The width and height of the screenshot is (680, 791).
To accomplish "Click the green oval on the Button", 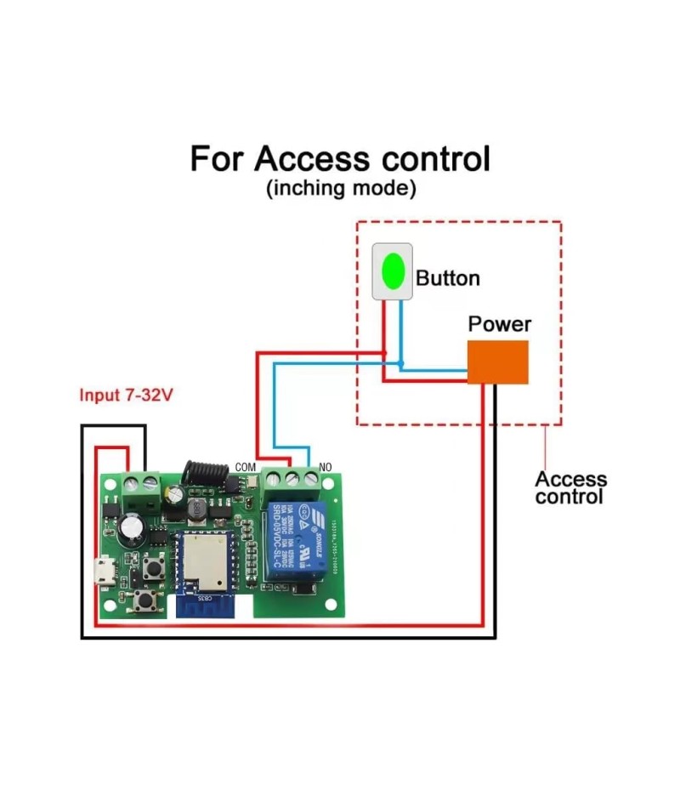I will click(x=392, y=270).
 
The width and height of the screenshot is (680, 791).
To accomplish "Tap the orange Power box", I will click(x=497, y=361).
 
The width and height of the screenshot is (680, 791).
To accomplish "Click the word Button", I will click(x=448, y=278).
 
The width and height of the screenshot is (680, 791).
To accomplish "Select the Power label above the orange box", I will click(x=499, y=324).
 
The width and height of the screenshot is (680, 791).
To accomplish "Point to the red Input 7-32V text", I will click(x=126, y=395).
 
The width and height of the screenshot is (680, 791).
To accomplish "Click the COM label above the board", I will click(x=245, y=467).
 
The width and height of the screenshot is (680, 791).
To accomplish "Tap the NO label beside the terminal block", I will click(x=324, y=467).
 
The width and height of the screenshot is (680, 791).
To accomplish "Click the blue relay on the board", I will click(x=294, y=541).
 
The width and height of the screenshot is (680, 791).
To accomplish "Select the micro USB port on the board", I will click(x=101, y=571).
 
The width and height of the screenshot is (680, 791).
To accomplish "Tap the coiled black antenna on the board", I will click(x=204, y=471).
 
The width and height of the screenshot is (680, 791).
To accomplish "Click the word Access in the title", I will click(x=312, y=159).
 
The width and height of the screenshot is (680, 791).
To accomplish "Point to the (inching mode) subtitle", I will click(x=341, y=189).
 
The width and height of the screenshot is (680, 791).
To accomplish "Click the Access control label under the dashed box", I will click(x=570, y=488).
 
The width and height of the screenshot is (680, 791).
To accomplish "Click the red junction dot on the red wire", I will click(x=384, y=353).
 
